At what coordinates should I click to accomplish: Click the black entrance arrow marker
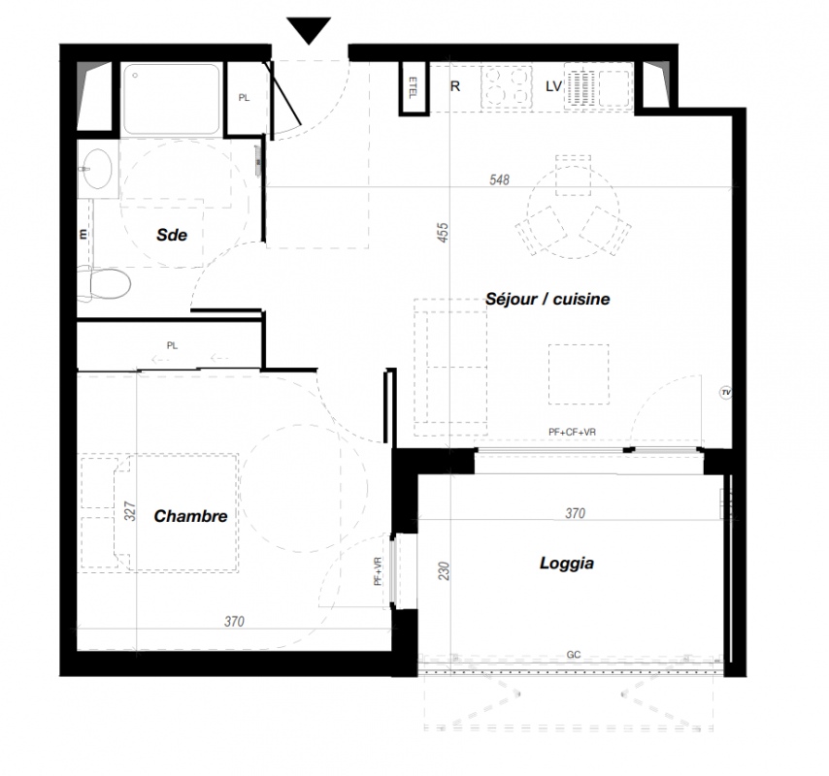(309, 30)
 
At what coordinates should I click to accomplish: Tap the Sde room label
(172, 235)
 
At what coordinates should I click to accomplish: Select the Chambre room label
(191, 516)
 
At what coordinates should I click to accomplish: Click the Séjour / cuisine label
(547, 299)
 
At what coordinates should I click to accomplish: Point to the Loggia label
(567, 564)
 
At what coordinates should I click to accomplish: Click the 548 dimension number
(499, 179)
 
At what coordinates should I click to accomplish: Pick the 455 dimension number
(443, 233)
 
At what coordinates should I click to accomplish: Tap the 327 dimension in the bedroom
(129, 511)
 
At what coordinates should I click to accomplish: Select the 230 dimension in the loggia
(444, 571)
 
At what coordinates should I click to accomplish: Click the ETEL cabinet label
(413, 87)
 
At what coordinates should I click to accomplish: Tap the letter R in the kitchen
(455, 86)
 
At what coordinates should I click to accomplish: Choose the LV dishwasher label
(553, 86)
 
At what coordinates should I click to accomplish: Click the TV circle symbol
(726, 393)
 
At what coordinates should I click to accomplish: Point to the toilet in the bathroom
(105, 284)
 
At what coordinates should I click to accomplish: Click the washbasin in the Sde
(97, 169)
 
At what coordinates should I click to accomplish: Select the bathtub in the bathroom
(171, 99)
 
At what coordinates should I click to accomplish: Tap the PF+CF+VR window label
(572, 432)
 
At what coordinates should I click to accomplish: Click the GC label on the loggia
(574, 655)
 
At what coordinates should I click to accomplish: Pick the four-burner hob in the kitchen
(507, 87)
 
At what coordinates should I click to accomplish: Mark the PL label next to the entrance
(244, 98)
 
